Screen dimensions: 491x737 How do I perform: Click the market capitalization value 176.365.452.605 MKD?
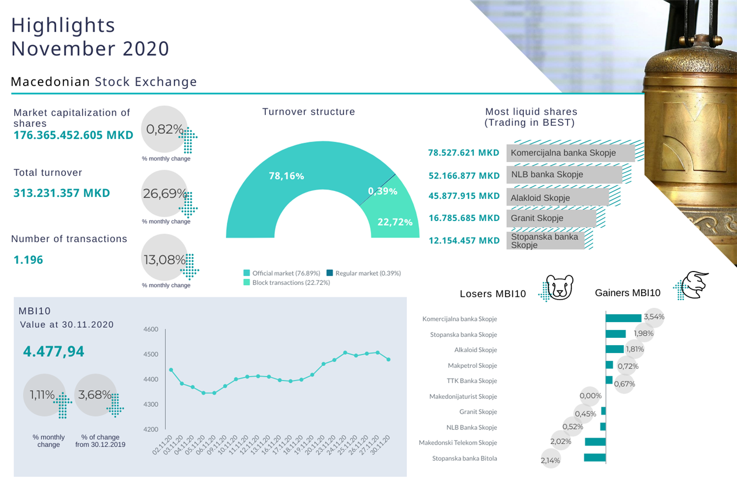(x=73, y=135)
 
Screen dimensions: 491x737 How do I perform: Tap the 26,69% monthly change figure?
(x=165, y=194)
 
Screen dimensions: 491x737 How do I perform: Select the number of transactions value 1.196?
(x=28, y=260)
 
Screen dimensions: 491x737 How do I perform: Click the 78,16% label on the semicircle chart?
(x=286, y=176)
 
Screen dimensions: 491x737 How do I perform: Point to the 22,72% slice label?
(x=395, y=222)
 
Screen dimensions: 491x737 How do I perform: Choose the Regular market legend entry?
(x=364, y=273)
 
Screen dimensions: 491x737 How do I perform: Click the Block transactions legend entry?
(x=287, y=283)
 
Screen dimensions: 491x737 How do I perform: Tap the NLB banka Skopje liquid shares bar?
(x=563, y=175)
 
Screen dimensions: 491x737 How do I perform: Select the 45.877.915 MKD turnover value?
(x=464, y=196)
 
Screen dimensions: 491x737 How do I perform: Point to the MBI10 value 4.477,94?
(x=54, y=352)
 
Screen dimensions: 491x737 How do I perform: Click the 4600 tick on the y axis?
(x=151, y=329)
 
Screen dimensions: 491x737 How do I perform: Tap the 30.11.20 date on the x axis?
(x=380, y=445)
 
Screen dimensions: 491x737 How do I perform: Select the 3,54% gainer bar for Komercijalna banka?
(x=623, y=318)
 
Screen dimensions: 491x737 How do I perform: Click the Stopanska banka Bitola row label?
(x=464, y=458)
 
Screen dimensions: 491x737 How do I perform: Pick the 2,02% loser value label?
(x=561, y=442)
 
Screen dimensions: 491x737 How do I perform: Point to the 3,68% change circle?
(x=95, y=395)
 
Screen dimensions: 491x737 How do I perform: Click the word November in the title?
(x=63, y=49)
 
